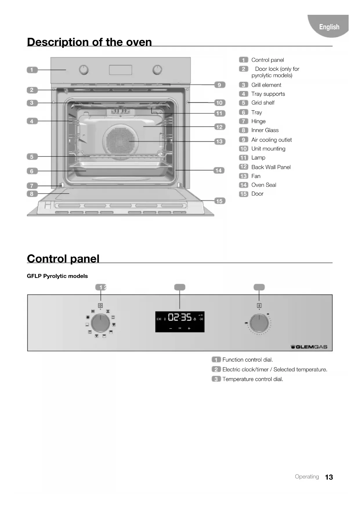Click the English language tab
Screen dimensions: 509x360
[329, 27]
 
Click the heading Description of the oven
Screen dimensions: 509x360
[89, 42]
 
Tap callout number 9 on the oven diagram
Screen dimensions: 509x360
[219, 85]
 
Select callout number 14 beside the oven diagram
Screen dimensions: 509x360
[218, 170]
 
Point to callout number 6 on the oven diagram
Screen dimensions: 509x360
[32, 171]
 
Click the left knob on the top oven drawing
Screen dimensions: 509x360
[84, 70]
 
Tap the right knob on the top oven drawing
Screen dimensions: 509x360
[157, 70]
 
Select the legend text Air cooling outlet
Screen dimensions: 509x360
[271, 140]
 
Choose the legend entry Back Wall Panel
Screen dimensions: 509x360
[271, 167]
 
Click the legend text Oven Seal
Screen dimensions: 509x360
[263, 185]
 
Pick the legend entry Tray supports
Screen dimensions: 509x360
[268, 94]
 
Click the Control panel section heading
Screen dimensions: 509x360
[63, 259]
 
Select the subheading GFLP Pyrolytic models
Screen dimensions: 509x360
[57, 276]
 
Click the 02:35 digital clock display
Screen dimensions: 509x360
[180, 317]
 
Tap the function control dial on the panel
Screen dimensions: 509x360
[100, 323]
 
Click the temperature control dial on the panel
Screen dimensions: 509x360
[259, 323]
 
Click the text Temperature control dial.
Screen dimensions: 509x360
[252, 379]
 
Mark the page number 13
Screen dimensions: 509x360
[329, 477]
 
